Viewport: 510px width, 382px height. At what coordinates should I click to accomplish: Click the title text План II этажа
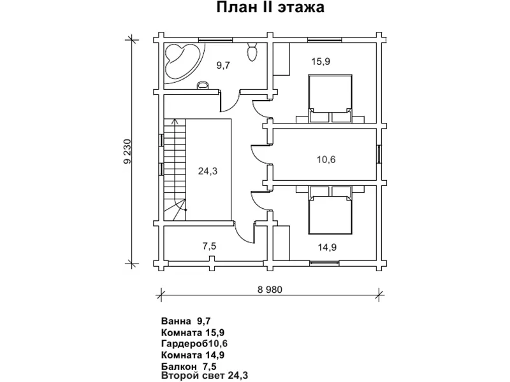click(270, 8)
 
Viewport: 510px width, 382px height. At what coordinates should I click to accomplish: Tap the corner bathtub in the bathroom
click(182, 62)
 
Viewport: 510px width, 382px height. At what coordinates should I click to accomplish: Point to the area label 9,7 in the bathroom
click(223, 66)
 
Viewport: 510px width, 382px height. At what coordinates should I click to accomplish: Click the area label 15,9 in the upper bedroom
click(321, 61)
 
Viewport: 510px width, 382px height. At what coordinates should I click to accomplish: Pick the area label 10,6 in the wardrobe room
click(326, 160)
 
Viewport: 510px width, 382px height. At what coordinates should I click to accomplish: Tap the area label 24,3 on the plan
click(208, 171)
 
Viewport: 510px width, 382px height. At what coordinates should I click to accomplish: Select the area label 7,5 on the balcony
click(209, 246)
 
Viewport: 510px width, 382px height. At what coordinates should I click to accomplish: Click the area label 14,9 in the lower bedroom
click(327, 248)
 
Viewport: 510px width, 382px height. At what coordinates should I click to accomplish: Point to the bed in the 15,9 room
click(330, 99)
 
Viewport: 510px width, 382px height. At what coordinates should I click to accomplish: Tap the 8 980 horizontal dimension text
click(270, 290)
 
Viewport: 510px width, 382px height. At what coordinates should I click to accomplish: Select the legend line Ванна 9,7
click(186, 322)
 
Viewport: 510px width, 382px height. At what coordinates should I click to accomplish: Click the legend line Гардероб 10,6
click(194, 343)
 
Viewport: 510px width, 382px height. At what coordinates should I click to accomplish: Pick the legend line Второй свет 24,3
click(204, 376)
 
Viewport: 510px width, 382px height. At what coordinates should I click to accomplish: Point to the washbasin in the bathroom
click(203, 85)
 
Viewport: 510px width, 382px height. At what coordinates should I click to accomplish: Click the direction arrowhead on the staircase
click(175, 122)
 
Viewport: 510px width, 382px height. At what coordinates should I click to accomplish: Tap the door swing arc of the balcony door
click(242, 234)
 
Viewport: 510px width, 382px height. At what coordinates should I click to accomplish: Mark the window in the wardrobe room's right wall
click(379, 153)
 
